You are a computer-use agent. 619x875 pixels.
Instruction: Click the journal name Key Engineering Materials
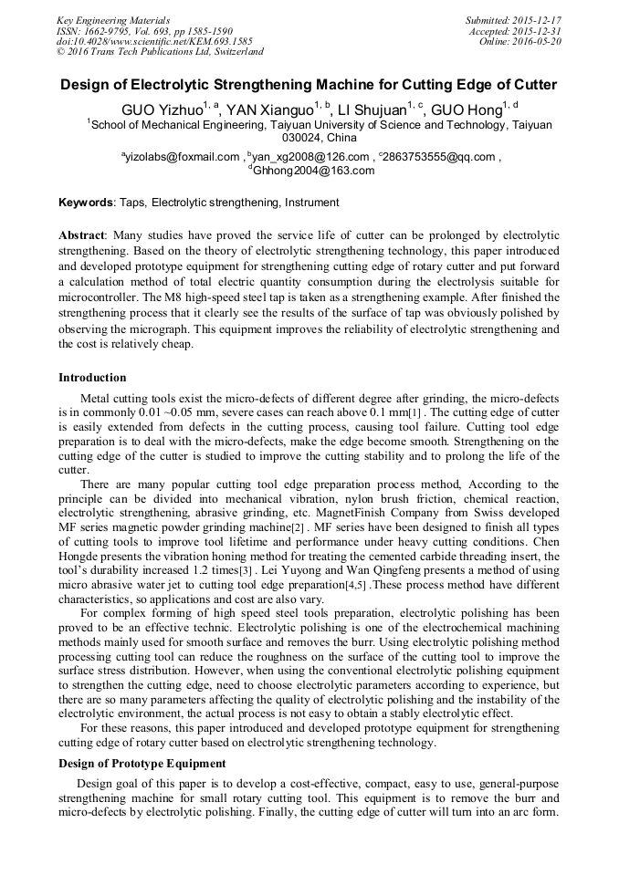pyautogui.click(x=113, y=20)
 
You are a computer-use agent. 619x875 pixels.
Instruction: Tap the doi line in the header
pyautogui.click(x=154, y=42)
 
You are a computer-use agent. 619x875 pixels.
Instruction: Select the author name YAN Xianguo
pyautogui.click(x=269, y=110)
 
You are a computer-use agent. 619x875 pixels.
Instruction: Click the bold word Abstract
pyautogui.click(x=82, y=235)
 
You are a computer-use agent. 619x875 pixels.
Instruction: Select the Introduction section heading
pyautogui.click(x=92, y=378)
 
